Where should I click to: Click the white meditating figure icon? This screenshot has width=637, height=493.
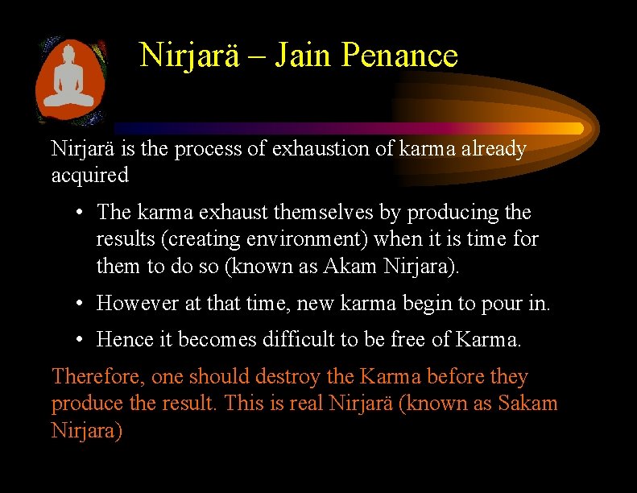(x=68, y=84)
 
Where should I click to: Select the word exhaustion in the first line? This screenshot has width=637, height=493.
(x=308, y=149)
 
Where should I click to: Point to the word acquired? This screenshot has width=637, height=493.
(x=89, y=175)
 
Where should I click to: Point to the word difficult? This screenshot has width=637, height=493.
(x=297, y=340)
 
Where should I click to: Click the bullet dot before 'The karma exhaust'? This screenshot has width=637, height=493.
(x=81, y=213)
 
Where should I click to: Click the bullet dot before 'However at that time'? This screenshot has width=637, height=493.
(x=81, y=304)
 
